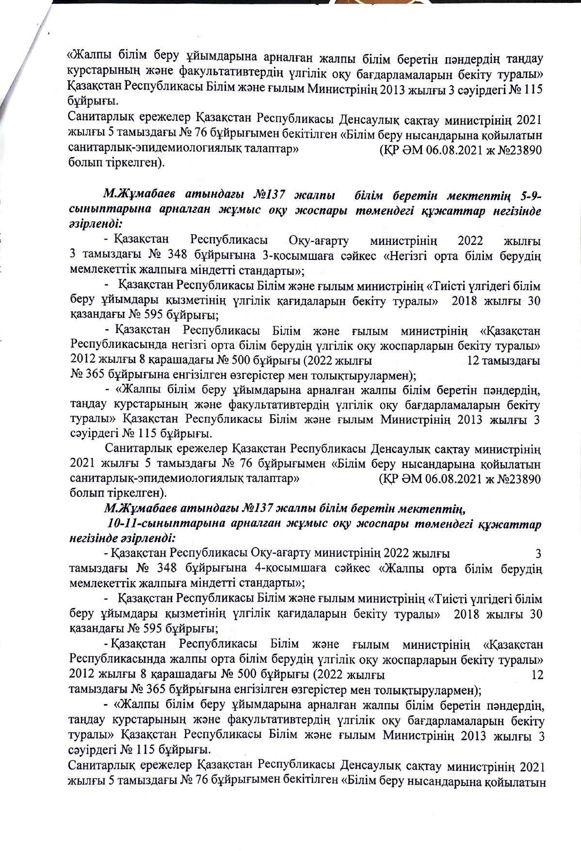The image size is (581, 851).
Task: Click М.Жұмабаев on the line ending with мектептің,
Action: pyautogui.click(x=141, y=509)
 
